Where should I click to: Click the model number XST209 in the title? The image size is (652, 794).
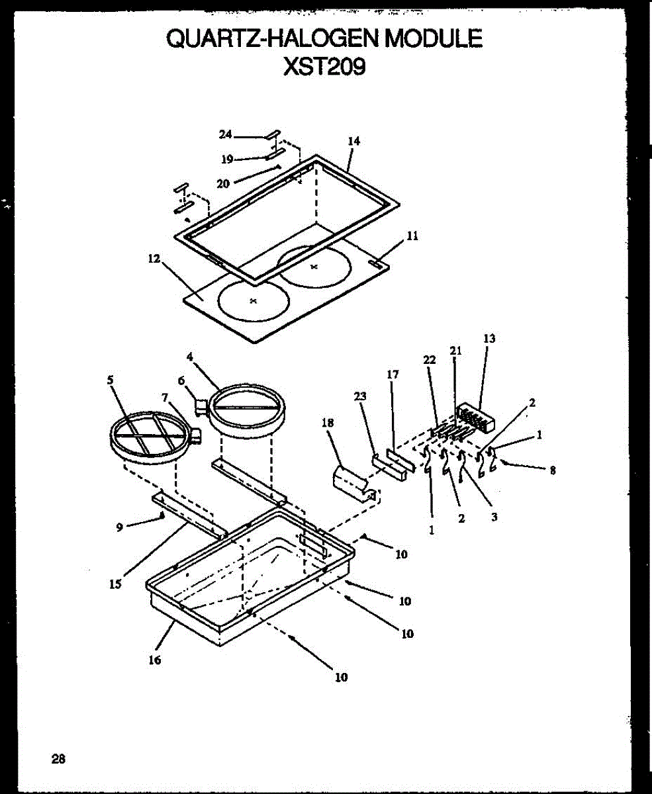click(324, 67)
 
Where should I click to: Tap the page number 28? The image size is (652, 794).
click(58, 759)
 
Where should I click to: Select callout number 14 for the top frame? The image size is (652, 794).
click(353, 141)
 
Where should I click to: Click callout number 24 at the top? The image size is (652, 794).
click(226, 134)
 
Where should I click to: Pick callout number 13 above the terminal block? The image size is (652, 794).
click(489, 338)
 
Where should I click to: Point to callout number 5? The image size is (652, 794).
click(110, 380)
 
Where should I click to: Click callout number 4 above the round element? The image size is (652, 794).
click(189, 357)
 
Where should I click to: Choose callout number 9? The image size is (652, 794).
click(120, 527)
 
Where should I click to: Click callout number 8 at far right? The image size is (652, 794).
click(552, 471)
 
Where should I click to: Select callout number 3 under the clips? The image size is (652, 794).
click(494, 518)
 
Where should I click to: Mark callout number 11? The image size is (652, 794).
click(412, 235)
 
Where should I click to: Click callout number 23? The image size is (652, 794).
click(361, 396)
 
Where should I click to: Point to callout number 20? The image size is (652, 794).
click(222, 183)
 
